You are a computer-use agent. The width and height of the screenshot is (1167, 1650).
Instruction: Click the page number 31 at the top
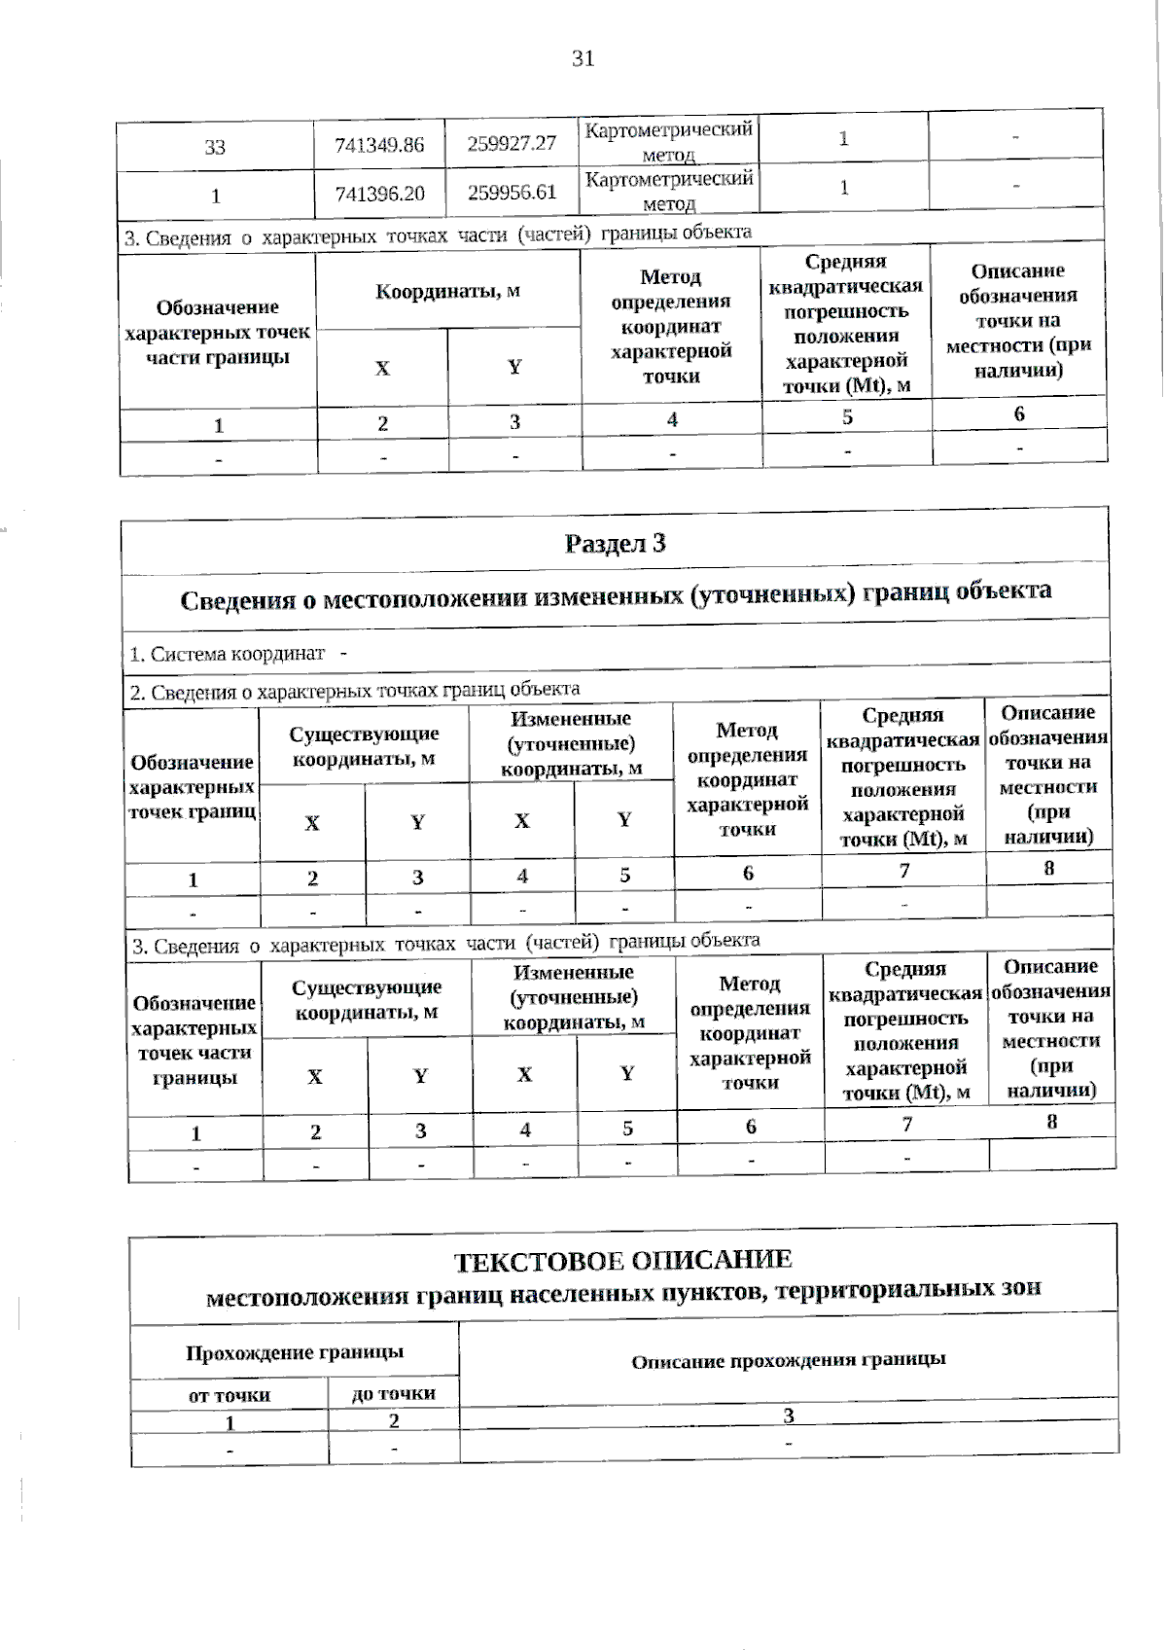coord(583,58)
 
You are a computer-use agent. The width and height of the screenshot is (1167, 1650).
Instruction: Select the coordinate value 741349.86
coord(379,145)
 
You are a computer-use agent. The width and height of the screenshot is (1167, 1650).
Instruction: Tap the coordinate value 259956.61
coord(512,192)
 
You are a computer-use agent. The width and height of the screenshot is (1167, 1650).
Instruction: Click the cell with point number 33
coord(215,147)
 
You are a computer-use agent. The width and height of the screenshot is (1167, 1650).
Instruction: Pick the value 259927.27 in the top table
coord(512,144)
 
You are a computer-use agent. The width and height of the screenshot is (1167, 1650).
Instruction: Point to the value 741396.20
coord(379,193)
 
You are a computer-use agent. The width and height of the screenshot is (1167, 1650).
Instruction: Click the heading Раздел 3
coord(615,543)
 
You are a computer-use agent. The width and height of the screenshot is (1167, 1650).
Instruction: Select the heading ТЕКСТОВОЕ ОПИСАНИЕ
coord(623,1260)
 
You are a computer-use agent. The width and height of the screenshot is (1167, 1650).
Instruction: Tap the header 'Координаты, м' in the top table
coord(447,291)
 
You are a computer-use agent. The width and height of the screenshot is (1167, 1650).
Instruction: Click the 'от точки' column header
coord(230,1394)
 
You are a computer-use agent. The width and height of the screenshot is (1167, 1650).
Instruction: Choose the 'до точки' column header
coord(393,1393)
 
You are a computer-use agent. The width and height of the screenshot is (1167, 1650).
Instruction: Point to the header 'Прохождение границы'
coord(295,1351)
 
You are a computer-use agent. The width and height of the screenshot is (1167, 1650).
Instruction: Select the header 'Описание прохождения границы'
coord(788,1359)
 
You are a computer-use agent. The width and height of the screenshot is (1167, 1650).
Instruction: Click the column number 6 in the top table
coord(1018,413)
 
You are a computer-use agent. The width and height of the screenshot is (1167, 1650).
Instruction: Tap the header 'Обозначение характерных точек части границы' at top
coord(218,332)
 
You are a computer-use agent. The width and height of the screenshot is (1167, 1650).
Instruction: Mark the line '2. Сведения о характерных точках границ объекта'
coord(355,691)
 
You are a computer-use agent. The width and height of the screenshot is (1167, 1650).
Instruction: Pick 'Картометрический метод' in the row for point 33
coord(668,141)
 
